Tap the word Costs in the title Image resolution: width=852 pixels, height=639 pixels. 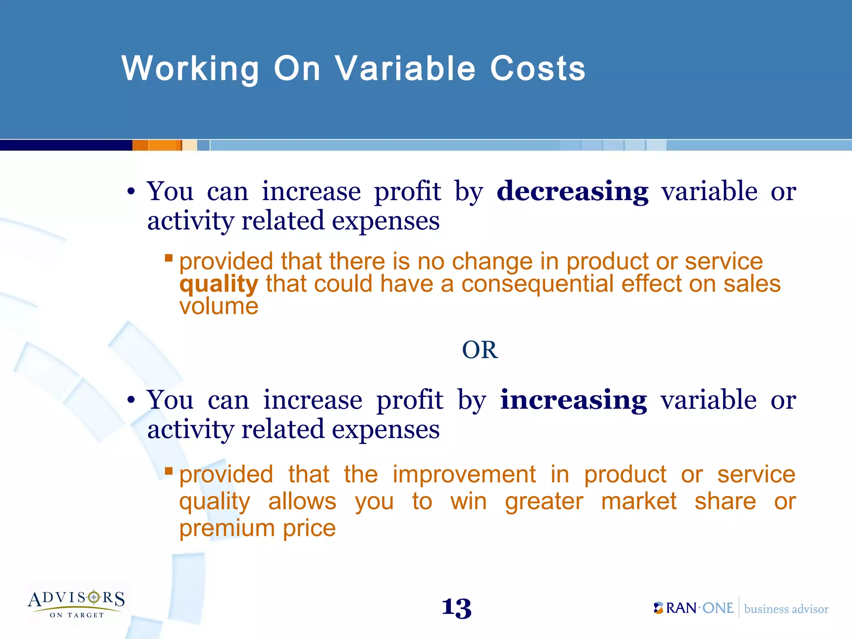coord(537,69)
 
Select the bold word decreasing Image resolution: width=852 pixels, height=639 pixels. coord(572,192)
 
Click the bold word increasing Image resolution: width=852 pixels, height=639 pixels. coord(573,400)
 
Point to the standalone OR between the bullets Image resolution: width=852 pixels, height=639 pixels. coord(480,350)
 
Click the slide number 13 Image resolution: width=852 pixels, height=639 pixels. coord(456,608)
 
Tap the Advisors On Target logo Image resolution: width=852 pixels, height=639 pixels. coord(77,603)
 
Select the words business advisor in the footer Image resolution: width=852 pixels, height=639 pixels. coord(786,609)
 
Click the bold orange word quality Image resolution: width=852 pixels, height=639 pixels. coord(219,285)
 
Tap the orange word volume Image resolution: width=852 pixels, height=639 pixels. coord(219,307)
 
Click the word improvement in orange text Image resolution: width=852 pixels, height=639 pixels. coord(464,475)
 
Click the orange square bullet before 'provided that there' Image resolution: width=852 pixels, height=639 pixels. coord(168,258)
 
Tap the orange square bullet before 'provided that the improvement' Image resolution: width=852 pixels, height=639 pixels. coord(168,471)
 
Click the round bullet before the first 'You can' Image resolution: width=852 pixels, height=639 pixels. coord(131,192)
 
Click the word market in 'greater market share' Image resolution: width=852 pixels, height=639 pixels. coord(639,502)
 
